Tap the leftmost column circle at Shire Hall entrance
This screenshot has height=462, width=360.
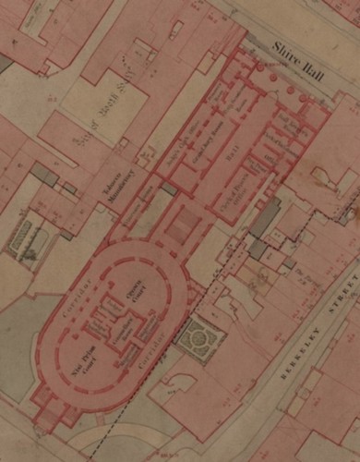coord(260,68)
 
